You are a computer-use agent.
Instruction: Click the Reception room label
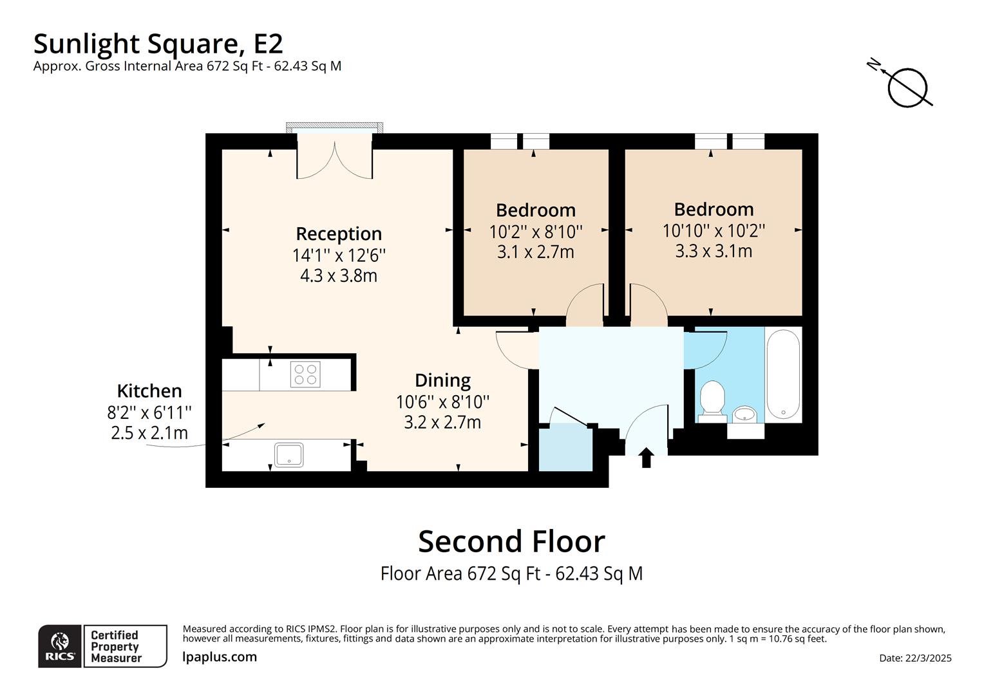pos(339,234)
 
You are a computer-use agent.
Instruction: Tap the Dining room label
pos(442,380)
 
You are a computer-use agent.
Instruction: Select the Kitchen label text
pos(149,391)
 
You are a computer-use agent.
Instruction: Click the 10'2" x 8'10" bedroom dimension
pos(536,231)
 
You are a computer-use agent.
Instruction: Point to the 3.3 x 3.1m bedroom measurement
pos(714,251)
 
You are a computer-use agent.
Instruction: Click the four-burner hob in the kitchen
pos(305,375)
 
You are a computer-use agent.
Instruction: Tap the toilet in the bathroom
pos(712,400)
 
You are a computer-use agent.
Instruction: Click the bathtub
pos(783,374)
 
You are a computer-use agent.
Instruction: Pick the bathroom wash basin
pos(745,414)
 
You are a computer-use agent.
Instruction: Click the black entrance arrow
pos(647,458)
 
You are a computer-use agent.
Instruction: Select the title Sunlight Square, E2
pos(158,44)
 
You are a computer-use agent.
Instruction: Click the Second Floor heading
pos(511,542)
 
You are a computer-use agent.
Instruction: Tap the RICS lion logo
pos(60,645)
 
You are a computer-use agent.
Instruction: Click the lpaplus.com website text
pos(220,657)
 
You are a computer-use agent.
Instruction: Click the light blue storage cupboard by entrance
pos(565,448)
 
